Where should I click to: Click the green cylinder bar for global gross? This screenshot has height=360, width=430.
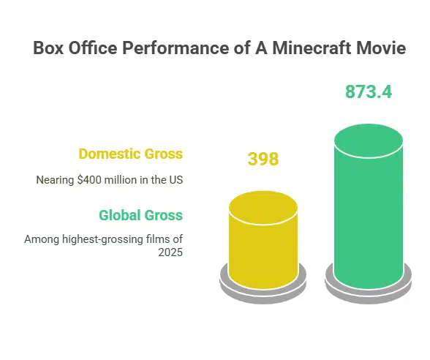[368, 220]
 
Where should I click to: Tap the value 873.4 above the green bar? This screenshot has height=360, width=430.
[369, 92]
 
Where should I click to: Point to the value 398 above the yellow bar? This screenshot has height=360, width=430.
[263, 159]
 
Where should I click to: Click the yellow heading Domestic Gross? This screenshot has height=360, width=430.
[130, 154]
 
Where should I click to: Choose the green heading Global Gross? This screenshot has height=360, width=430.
[140, 215]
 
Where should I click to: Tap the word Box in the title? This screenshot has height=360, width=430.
[48, 49]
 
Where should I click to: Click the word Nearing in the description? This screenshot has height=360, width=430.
[54, 180]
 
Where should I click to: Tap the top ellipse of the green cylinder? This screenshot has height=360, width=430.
[368, 140]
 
